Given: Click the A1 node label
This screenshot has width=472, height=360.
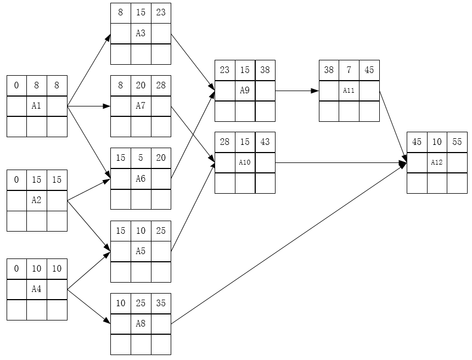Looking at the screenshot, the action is click(x=36, y=106).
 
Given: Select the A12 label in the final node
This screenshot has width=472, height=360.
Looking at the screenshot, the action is click(x=437, y=162).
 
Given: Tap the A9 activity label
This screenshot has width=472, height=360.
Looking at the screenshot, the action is click(x=245, y=91).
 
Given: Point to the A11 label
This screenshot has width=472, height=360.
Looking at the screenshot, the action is click(x=349, y=91).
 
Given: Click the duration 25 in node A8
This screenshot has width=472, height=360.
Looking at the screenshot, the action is click(x=141, y=303).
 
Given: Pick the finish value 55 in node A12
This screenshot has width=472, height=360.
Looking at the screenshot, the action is click(x=457, y=142).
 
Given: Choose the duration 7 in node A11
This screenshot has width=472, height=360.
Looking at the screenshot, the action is click(x=349, y=70).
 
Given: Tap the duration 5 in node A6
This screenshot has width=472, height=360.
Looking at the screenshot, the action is click(x=141, y=157).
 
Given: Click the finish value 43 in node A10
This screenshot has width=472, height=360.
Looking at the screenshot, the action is click(x=265, y=142).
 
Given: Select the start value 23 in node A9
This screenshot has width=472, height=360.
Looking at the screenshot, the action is click(x=224, y=70).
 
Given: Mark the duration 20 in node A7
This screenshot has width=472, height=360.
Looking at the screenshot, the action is click(x=141, y=85).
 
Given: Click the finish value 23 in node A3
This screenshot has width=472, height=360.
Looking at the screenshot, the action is click(x=161, y=12).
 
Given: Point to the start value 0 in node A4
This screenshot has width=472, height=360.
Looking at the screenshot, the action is click(x=16, y=268).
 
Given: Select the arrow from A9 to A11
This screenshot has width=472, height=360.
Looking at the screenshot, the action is click(x=297, y=91).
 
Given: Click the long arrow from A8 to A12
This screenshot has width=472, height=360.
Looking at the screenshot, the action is click(x=289, y=243).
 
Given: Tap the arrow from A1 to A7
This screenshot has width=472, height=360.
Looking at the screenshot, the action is click(x=89, y=106).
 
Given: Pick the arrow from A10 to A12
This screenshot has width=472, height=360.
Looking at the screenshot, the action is click(x=341, y=163).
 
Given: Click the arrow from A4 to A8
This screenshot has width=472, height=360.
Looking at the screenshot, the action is click(x=89, y=306).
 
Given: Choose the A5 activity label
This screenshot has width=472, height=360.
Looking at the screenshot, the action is click(x=141, y=251).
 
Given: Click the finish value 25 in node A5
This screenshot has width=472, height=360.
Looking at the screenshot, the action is click(x=161, y=230).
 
